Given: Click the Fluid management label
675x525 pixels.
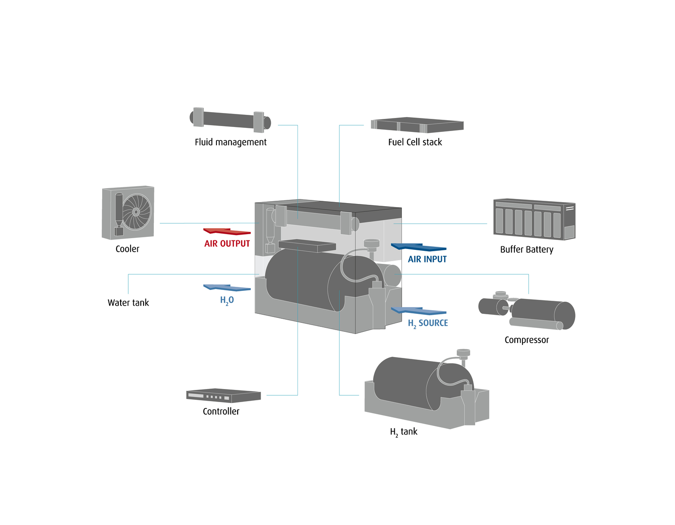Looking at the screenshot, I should pyautogui.click(x=230, y=142).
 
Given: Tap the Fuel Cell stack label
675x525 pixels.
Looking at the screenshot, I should pyautogui.click(x=415, y=142).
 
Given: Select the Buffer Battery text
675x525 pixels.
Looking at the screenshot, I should pyautogui.click(x=526, y=249).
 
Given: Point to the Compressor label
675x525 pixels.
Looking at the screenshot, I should pyautogui.click(x=526, y=340).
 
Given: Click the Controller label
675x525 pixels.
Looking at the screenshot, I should pyautogui.click(x=221, y=411).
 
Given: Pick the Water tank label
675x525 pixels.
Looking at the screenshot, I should pyautogui.click(x=128, y=303).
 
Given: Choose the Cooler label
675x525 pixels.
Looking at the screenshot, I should pyautogui.click(x=127, y=249).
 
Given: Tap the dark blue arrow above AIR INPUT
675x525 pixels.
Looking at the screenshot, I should pyautogui.click(x=418, y=247).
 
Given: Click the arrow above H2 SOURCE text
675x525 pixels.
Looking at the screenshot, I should pyautogui.click(x=418, y=311).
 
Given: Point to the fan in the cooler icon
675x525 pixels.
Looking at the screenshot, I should pyautogui.click(x=136, y=212).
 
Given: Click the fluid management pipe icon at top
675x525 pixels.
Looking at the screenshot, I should pyautogui.click(x=230, y=120).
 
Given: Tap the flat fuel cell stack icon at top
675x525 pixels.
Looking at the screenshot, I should pyautogui.click(x=417, y=125).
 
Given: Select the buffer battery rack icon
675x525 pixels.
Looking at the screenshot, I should pyautogui.click(x=534, y=219).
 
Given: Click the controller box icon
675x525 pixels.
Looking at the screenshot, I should pyautogui.click(x=223, y=396).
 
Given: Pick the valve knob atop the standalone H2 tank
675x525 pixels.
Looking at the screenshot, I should pyautogui.click(x=463, y=353).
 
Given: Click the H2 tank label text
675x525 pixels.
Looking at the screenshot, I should pyautogui.click(x=404, y=432).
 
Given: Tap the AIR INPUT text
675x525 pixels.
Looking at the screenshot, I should pyautogui.click(x=427, y=259).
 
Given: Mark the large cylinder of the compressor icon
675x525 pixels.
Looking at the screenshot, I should pyautogui.click(x=542, y=313).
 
